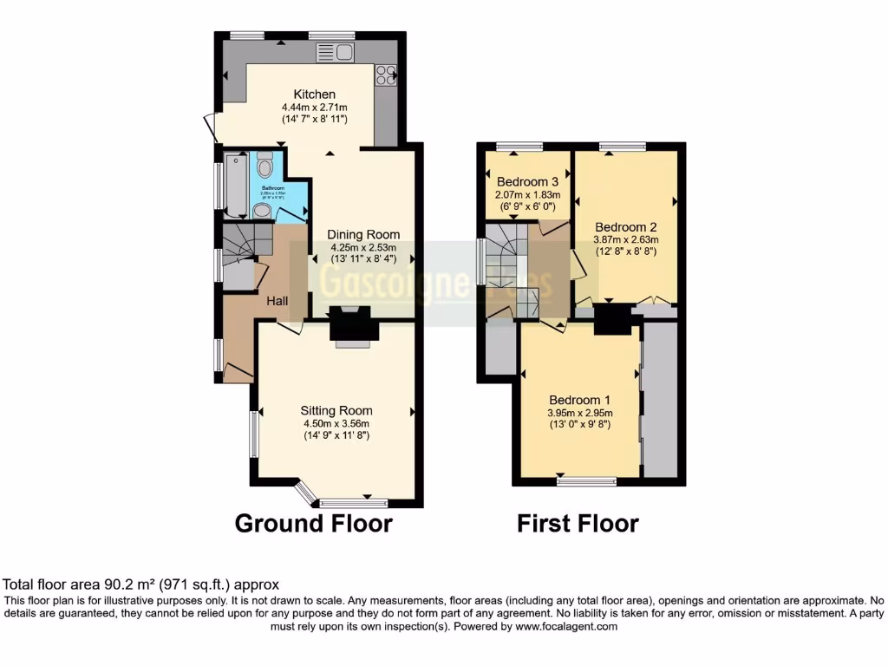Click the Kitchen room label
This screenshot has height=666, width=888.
(x=314, y=95)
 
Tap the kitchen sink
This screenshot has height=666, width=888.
(x=336, y=53)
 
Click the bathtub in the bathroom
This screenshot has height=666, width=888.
(x=236, y=184)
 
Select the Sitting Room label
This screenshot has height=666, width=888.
(x=336, y=411)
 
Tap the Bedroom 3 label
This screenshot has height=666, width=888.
(x=527, y=182)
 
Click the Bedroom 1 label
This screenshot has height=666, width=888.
(x=578, y=401)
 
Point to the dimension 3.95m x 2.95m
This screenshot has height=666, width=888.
(x=578, y=413)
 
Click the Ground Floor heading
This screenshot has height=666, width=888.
(x=314, y=524)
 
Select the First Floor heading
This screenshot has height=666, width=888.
(x=578, y=524)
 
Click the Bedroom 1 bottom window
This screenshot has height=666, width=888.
(x=587, y=480)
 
